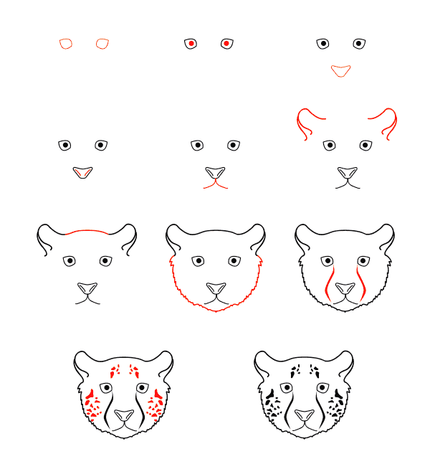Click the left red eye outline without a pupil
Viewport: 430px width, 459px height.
[x=66, y=44]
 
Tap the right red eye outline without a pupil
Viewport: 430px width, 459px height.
[x=102, y=44]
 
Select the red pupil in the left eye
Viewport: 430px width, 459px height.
[x=191, y=44]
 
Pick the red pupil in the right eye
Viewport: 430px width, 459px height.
[x=226, y=44]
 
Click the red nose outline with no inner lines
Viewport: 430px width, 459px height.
[x=340, y=70]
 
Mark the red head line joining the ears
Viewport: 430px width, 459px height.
[x=87, y=231]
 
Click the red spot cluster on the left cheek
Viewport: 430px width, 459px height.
[x=92, y=404]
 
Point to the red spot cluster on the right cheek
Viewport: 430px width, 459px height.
[x=156, y=404]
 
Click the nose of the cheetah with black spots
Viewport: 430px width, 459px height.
[x=305, y=415]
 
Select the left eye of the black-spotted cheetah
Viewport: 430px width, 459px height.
[x=287, y=388]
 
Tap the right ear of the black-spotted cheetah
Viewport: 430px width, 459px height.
[x=345, y=362]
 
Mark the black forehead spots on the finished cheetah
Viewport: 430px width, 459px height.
[x=304, y=371]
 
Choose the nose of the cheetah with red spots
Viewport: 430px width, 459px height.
[x=124, y=415]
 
